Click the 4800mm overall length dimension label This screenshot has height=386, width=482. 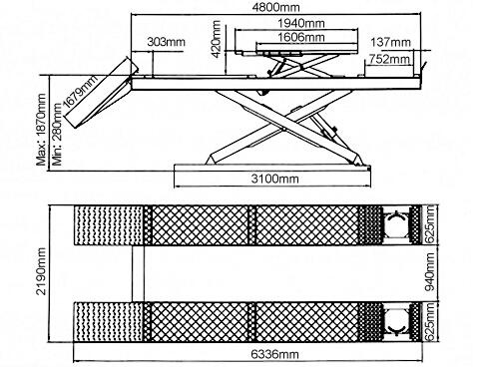coord(275,7)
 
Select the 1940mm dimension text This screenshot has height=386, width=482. coord(301,23)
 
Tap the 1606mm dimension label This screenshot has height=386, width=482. coord(301,37)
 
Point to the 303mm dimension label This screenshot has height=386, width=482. coord(166,42)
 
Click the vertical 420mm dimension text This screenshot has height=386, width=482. coord(217,39)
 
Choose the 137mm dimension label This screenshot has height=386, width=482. coord(390,42)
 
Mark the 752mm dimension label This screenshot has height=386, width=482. coord(389,59)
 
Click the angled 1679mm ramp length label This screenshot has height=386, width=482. coord(80,91)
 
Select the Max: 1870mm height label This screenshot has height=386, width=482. coord(41,130)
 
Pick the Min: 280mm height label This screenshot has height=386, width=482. coord(57,135)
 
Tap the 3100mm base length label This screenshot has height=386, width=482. coord(275,179)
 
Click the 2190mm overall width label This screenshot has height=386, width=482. coord(42,271)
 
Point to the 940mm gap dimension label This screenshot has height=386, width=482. coord(430,272)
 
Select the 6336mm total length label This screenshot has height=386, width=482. coord(275,354)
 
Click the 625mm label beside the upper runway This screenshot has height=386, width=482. coord(430,224)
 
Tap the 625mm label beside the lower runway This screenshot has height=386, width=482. coord(430,322)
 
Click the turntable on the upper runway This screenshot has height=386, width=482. coord(396,225)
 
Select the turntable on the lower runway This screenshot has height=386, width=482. coord(396,322)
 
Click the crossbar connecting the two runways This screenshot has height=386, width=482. coord(138,273)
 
